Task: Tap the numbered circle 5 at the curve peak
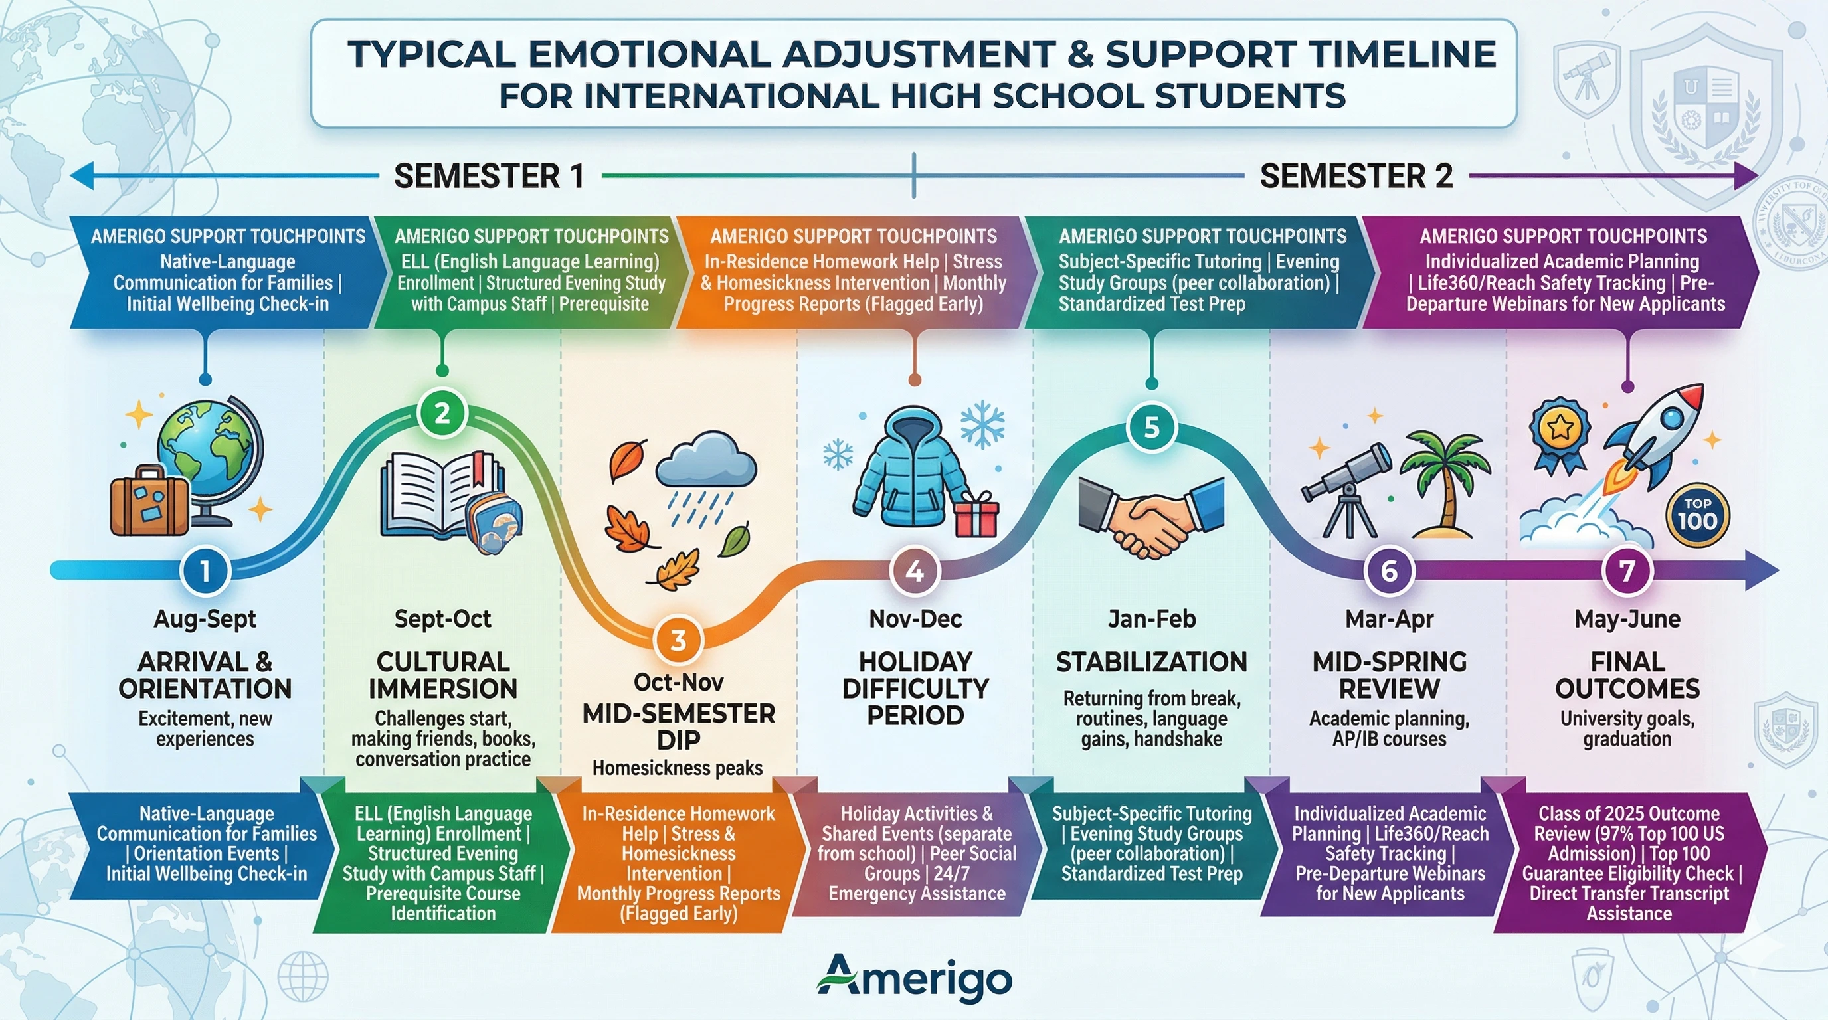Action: pos(1151,427)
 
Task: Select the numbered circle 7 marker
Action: pos(1627,570)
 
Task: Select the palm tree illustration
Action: pos(1443,482)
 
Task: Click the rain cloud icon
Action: pos(705,475)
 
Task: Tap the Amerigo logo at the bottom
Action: pos(914,980)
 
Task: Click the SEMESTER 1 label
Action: pos(489,176)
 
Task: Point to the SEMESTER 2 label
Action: pos(1356,176)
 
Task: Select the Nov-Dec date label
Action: pos(915,618)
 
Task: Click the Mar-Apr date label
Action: pos(1389,618)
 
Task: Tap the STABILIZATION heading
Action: pos(1151,662)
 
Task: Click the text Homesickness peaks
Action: pos(678,768)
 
